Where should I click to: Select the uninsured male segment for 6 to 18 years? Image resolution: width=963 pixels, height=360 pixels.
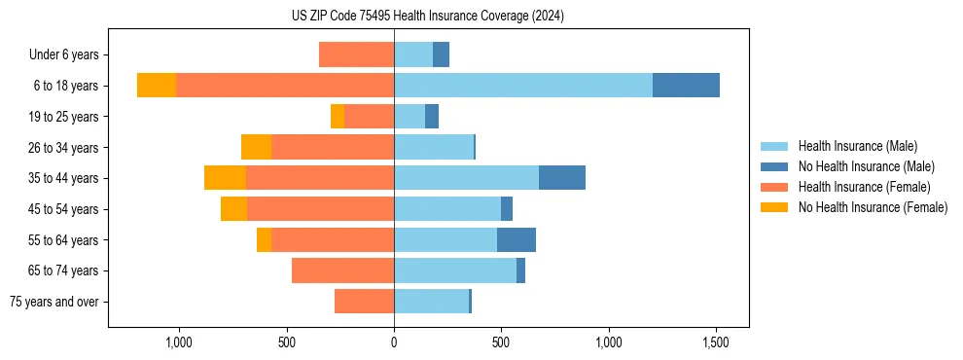pos(686,86)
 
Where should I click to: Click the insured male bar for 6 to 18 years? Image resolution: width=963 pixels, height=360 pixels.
pos(523,86)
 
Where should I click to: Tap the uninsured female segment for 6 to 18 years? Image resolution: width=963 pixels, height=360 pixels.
pos(157,86)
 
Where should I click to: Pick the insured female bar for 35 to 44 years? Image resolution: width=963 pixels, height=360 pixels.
pos(320,178)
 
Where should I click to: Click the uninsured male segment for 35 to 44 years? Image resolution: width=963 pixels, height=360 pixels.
pos(562,178)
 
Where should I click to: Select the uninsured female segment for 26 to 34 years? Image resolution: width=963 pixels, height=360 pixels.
pos(256,147)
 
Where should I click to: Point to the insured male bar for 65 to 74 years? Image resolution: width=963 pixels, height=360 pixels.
pos(455,270)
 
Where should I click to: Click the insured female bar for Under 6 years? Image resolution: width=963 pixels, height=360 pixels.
pos(356,54)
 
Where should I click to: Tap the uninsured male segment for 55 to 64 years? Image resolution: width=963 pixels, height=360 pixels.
pos(517,239)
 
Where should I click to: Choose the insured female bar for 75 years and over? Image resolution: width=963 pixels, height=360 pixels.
pos(364,302)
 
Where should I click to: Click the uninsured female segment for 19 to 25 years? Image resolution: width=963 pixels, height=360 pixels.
pos(338,117)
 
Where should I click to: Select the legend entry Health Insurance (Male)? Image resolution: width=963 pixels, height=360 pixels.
pos(857,146)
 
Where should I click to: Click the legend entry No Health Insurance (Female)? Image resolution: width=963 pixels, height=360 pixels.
pos(873,207)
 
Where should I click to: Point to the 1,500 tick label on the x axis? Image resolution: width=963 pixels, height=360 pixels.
pos(716,342)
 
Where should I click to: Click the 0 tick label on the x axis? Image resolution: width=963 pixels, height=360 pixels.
pos(394,342)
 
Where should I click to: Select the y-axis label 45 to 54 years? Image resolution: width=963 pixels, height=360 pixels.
pos(63,209)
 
